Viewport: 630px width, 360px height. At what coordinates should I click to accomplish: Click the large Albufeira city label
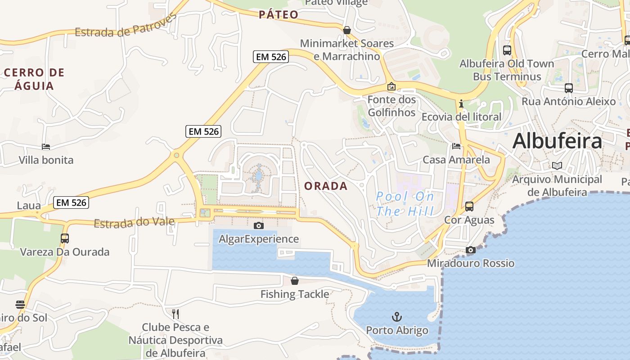(557, 141)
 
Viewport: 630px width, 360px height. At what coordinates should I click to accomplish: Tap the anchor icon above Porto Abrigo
(396, 317)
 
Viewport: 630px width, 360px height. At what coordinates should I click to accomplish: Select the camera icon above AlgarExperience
(259, 225)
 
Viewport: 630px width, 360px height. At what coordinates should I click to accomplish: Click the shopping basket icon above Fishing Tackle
(295, 281)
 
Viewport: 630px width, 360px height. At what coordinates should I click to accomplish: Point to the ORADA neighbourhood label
(326, 186)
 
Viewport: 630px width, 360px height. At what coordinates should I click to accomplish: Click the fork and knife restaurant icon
(175, 314)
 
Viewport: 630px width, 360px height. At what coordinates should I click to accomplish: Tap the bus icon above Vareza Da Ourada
(65, 238)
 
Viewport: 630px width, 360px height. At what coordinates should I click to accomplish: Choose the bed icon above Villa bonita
(46, 146)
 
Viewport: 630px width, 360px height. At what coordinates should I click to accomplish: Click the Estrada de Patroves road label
(126, 26)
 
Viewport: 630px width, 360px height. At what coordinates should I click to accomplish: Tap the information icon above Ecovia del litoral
(461, 103)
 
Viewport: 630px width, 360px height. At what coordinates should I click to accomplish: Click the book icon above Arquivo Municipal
(557, 166)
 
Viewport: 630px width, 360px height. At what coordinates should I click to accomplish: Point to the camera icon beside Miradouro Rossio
(471, 250)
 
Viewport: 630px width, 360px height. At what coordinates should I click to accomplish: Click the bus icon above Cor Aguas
(469, 207)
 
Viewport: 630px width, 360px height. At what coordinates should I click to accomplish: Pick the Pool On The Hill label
(405, 204)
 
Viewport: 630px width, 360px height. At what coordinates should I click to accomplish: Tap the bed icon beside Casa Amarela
(456, 146)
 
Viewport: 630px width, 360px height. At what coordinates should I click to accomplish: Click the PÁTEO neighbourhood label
(279, 14)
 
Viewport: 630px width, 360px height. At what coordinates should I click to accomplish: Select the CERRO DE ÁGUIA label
(34, 79)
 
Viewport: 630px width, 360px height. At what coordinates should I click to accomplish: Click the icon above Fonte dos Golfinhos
(391, 86)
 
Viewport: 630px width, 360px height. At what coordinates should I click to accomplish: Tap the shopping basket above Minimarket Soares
(347, 30)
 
